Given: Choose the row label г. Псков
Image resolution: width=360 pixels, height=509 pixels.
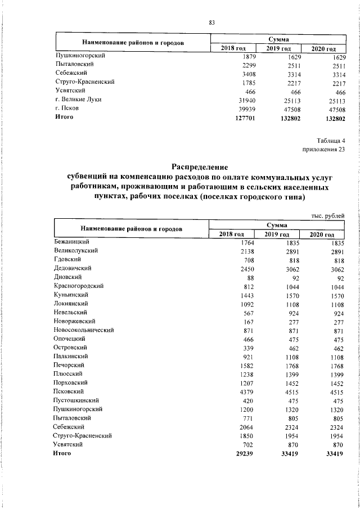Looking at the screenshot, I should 67,108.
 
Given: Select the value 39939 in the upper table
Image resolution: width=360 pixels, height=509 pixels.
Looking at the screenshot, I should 247,109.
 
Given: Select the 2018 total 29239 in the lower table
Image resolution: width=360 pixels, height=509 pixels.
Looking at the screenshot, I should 246,453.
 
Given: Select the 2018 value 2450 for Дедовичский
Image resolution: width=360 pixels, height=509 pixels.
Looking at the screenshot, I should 248,269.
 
